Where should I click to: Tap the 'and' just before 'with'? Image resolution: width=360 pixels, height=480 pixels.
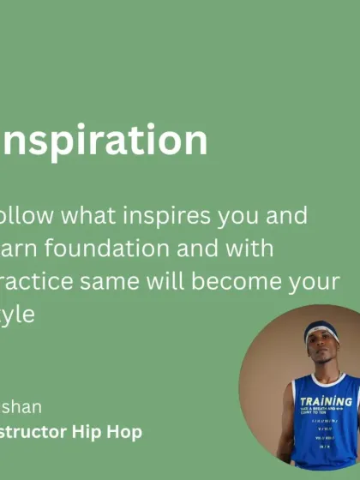click(x=188, y=249)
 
